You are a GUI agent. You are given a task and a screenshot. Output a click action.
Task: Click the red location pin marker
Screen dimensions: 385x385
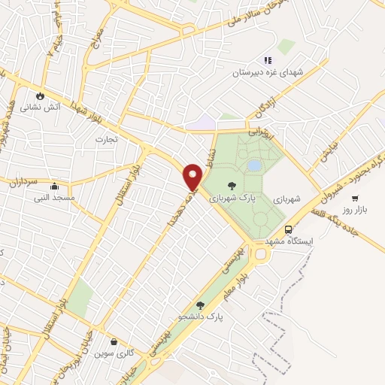193,177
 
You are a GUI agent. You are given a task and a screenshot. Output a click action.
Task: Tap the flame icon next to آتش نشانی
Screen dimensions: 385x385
40,97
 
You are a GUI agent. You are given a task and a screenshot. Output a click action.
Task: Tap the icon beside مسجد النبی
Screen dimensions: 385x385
53,186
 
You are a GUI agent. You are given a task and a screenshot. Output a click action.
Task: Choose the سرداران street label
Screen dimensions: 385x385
23,180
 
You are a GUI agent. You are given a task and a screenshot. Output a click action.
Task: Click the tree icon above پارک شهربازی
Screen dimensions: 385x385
231,184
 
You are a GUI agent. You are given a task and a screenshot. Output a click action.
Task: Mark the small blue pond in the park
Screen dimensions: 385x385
254,165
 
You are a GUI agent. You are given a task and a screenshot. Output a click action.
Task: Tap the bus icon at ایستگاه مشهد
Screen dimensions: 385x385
289,229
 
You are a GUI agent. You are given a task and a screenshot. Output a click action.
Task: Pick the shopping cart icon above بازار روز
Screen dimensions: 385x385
354,199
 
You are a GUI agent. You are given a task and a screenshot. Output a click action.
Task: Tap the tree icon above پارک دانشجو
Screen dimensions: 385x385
200,305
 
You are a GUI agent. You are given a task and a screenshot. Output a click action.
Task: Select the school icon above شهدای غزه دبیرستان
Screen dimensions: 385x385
266,60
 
